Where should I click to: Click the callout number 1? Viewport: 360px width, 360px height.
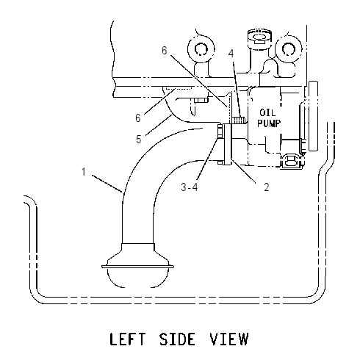click(x=84, y=172)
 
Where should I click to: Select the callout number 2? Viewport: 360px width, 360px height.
click(x=267, y=187)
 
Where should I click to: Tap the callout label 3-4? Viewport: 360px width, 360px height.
click(x=190, y=187)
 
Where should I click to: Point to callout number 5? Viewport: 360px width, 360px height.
click(x=139, y=139)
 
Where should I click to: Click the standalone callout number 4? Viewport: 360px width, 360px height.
click(x=231, y=53)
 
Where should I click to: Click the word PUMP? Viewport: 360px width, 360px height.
click(x=269, y=123)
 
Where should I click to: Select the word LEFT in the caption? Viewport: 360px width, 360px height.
click(x=127, y=339)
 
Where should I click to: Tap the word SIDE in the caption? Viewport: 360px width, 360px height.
click(x=178, y=339)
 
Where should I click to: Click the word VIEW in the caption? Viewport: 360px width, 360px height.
click(x=229, y=339)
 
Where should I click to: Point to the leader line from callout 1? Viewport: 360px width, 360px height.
click(x=107, y=184)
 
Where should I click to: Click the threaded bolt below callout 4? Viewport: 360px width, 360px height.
click(x=238, y=120)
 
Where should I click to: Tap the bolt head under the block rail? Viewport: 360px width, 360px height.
click(x=201, y=100)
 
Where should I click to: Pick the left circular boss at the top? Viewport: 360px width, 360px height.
click(x=201, y=48)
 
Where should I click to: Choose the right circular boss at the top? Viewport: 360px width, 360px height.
click(x=289, y=49)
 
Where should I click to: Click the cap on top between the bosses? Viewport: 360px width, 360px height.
click(x=259, y=37)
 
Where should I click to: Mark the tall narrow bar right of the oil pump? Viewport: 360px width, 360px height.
click(x=314, y=115)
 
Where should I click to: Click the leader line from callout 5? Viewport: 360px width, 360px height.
click(x=158, y=125)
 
